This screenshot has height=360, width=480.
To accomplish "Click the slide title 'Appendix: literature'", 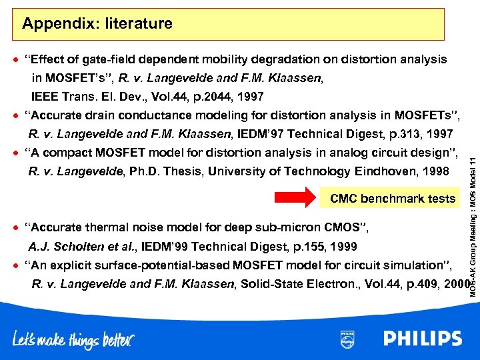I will (x=97, y=25).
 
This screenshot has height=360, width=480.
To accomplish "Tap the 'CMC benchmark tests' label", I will (x=393, y=199).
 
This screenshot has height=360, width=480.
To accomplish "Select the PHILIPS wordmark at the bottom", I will (x=423, y=339).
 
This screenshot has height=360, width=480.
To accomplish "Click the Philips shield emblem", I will (x=347, y=339).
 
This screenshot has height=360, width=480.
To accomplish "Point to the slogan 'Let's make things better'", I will (x=73, y=339).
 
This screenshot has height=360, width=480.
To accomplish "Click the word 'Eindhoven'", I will (x=385, y=172).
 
